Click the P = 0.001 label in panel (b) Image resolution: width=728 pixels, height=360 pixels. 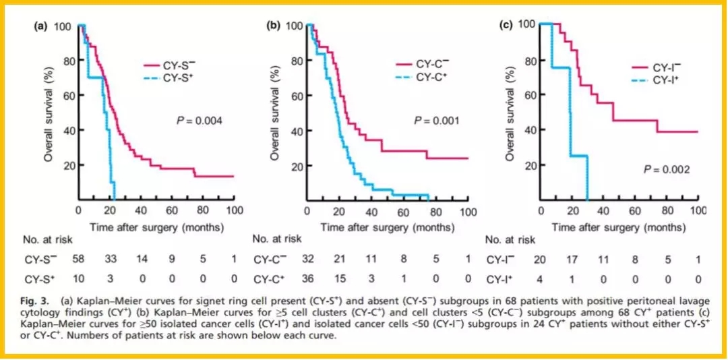pyautogui.click(x=436, y=121)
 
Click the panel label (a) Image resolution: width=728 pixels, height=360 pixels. pyautogui.click(x=41, y=27)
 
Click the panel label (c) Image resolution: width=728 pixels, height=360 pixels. pyautogui.click(x=506, y=26)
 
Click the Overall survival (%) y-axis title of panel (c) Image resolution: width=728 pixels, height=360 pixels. pyautogui.click(x=511, y=111)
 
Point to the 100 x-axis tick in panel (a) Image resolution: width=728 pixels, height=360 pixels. pyautogui.click(x=233, y=211)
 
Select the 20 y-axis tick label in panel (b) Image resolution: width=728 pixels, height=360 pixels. pyautogui.click(x=295, y=165)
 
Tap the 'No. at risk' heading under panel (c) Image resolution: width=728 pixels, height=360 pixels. pyautogui.click(x=510, y=239)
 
